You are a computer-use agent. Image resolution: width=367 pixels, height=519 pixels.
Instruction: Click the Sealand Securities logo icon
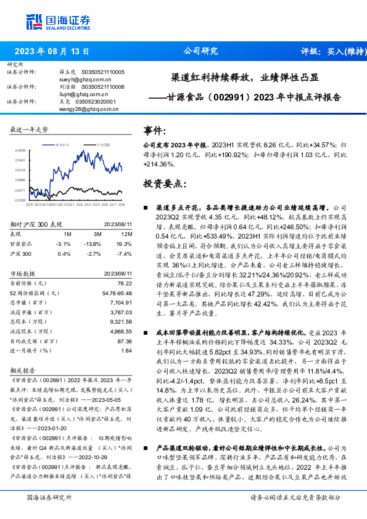[x=34, y=22]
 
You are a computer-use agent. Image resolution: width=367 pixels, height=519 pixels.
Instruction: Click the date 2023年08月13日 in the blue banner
[x=52, y=52]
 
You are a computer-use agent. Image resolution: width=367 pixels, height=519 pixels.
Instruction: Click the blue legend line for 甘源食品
[x=51, y=144]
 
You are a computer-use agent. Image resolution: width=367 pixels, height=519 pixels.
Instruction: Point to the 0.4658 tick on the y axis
[x=20, y=150]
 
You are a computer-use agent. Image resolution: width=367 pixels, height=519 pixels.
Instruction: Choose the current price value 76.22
[x=125, y=283]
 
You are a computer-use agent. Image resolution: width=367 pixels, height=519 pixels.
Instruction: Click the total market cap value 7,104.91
[x=121, y=303]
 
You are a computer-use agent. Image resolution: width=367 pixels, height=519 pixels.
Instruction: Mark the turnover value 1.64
[x=127, y=351]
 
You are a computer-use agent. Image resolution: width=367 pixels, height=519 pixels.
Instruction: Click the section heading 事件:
[x=157, y=131]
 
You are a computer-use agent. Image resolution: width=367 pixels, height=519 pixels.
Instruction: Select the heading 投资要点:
[x=165, y=184]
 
